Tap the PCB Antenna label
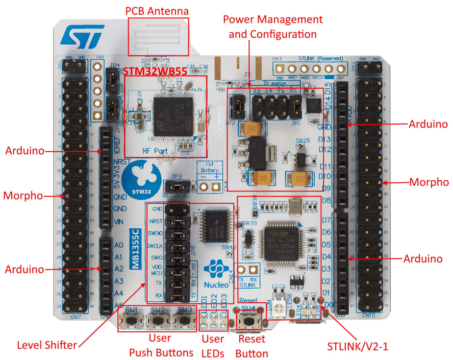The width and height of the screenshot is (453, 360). [x=157, y=11]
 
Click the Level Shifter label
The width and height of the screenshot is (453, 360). [x=46, y=345]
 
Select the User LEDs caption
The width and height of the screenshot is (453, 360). [x=212, y=346]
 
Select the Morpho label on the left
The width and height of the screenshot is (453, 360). [x=22, y=196]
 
